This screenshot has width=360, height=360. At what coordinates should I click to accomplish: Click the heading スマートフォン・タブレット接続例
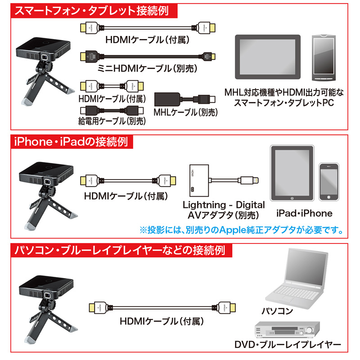coord(92,11)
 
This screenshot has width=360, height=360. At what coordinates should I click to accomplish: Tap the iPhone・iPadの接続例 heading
coord(71,141)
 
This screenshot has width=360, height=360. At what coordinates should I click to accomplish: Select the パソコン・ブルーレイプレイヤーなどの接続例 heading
coord(120,250)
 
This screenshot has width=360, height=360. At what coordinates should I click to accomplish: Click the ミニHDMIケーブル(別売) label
coord(147,68)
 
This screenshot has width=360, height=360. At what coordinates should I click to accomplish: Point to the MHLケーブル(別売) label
coord(185,112)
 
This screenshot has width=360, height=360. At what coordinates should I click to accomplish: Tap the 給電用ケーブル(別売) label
coord(112,121)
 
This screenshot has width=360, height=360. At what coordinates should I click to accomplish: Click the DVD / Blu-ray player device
coord(288,330)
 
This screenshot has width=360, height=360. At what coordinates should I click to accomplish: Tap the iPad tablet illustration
coord(292,173)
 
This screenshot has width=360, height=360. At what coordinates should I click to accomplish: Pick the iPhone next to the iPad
coord(329,182)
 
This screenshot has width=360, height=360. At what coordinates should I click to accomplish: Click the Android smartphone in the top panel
coord(324,58)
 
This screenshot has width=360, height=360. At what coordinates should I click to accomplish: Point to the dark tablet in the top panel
coord(268,57)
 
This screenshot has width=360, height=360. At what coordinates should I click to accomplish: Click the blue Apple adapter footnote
coord(242,230)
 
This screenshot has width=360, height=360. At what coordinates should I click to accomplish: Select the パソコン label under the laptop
coord(277,311)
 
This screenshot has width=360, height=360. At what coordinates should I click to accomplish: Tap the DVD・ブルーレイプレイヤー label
coord(288,345)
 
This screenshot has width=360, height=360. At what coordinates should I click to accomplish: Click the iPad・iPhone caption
coord(305,213)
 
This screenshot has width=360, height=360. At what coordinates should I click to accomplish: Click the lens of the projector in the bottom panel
coord(48,296)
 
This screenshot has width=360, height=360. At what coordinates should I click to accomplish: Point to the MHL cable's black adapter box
coord(167,99)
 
